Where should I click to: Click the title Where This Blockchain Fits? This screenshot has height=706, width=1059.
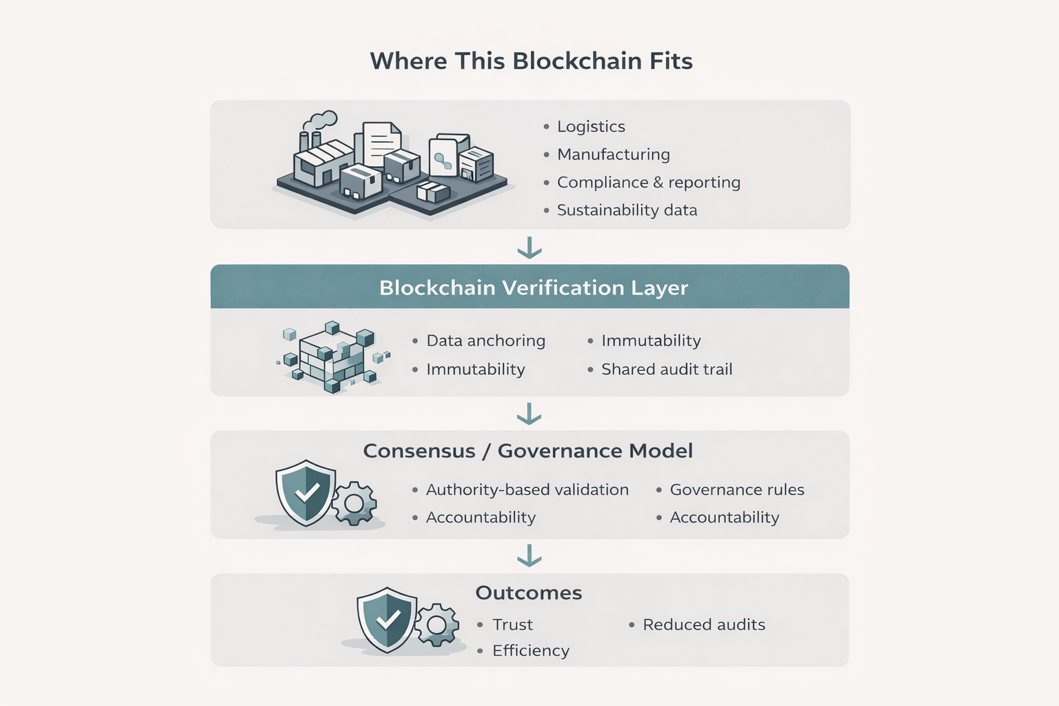pos(531,61)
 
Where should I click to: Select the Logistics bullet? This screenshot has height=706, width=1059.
pos(591,127)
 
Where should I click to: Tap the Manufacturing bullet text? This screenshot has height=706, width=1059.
pos(613,154)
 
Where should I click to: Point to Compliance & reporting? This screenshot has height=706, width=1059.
pos(648,182)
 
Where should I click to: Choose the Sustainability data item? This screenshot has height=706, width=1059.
pos(627,210)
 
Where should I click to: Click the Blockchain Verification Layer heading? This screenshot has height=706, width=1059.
pos(533,288)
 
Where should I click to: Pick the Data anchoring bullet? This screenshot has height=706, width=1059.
pos(485,341)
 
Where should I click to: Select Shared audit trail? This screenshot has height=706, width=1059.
pos(666,370)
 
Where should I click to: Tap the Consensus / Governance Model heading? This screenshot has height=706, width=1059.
pos(527,451)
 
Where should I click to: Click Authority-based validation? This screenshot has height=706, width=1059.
pos(527,490)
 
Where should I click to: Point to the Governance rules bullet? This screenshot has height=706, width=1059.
pos(736,490)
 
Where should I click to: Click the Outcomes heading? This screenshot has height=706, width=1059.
pos(528,593)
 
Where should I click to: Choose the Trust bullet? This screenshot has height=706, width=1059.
pos(512,625)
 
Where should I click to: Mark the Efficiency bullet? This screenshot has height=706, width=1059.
pos(530,651)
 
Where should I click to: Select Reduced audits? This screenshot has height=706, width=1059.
pos(703,625)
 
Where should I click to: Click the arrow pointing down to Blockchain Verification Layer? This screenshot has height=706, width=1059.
pos(529,248)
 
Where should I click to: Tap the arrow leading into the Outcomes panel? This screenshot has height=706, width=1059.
pos(529,555)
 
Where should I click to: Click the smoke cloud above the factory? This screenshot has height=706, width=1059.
pos(320,121)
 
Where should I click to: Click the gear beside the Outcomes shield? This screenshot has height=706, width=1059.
pos(436,625)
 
